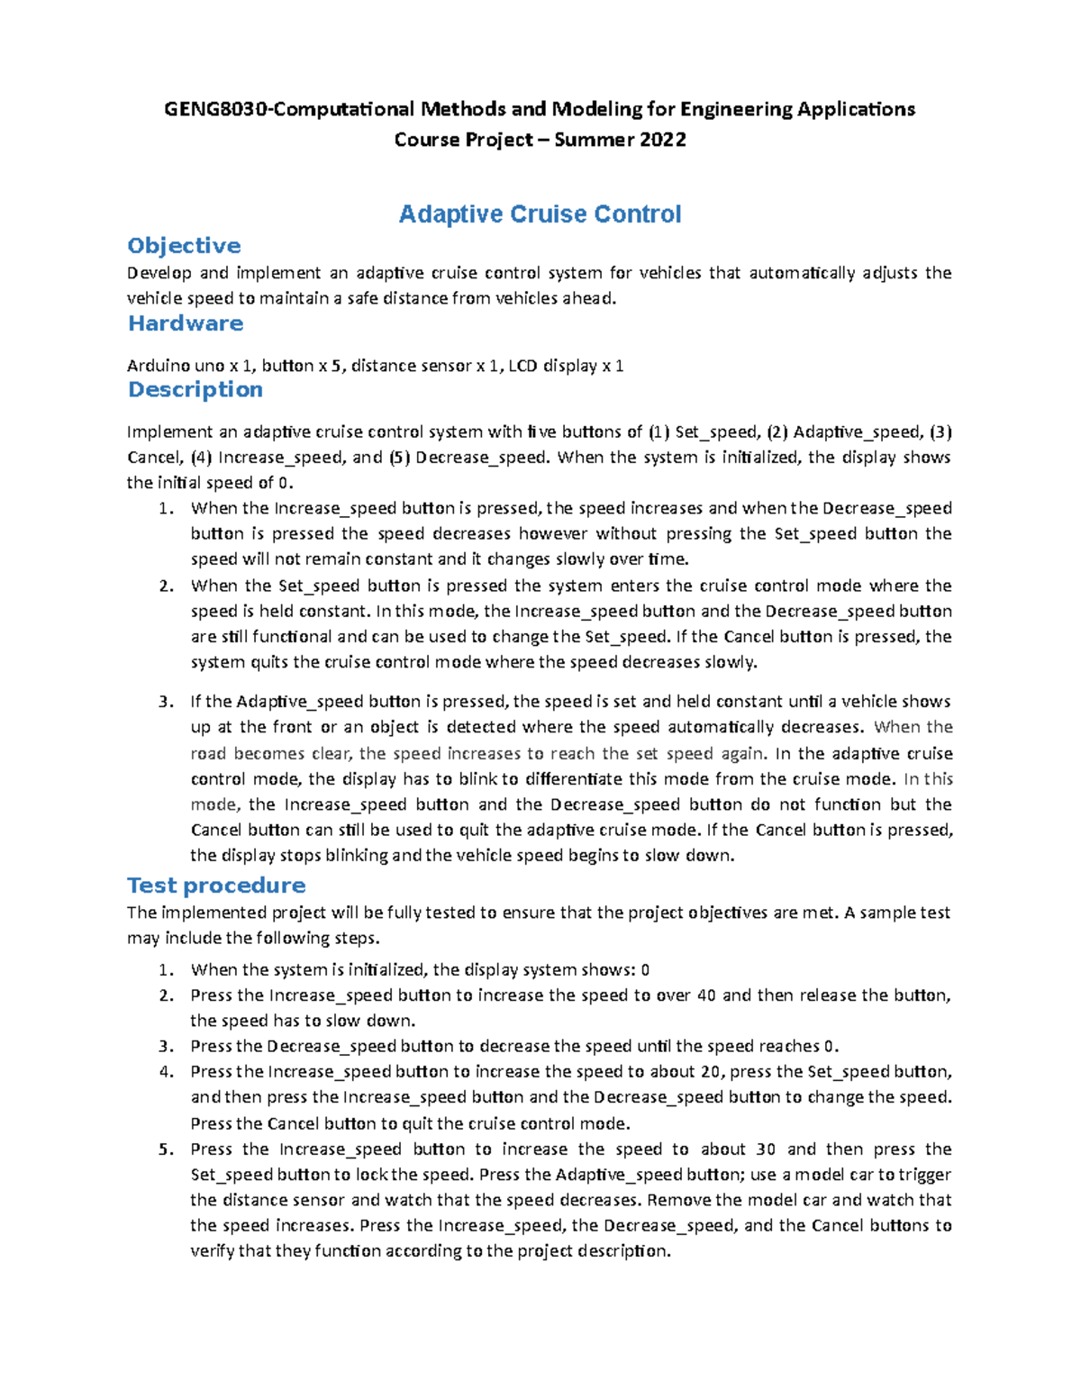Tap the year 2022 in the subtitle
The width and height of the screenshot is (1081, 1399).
coord(663,140)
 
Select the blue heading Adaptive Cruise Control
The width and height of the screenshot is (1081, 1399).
coord(540,214)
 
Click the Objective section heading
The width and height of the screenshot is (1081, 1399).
coord(184,246)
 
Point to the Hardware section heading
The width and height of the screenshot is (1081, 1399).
coord(186,323)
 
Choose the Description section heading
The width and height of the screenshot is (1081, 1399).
coord(195,389)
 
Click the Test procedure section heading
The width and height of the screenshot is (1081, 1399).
coord(216,886)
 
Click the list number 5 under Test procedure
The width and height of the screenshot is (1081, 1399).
coord(164,1149)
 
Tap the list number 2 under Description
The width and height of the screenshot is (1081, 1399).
coord(164,586)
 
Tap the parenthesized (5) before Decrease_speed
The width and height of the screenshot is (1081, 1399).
coord(399,458)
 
